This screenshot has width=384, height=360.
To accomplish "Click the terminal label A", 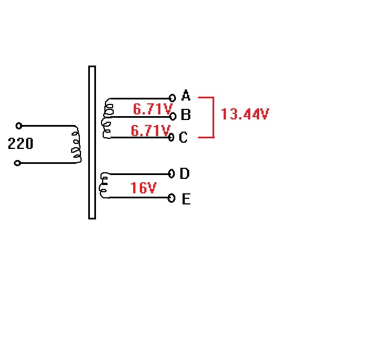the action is pyautogui.click(x=186, y=96).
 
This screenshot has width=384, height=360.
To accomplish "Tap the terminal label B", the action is pyautogui.click(x=186, y=115).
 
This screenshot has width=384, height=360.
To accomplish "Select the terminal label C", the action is pyautogui.click(x=184, y=137).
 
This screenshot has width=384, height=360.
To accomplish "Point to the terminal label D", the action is pyautogui.click(x=185, y=174).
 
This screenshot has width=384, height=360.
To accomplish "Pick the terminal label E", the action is pyautogui.click(x=186, y=199).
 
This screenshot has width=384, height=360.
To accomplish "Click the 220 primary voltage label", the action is pyautogui.click(x=21, y=144).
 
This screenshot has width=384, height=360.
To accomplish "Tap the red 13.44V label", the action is pyautogui.click(x=245, y=114).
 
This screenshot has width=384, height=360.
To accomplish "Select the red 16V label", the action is pyautogui.click(x=143, y=188).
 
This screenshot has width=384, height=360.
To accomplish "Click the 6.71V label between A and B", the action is pyautogui.click(x=153, y=109).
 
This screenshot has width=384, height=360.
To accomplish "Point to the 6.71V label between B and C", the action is pyautogui.click(x=150, y=131).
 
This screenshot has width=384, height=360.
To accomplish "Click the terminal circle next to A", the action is pyautogui.click(x=173, y=98).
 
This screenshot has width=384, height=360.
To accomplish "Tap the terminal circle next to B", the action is pyautogui.click(x=173, y=116).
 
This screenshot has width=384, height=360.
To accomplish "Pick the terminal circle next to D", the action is pyautogui.click(x=171, y=174).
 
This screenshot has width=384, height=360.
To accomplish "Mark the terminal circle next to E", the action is pyautogui.click(x=171, y=197).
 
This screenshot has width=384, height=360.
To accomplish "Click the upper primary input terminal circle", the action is pyautogui.click(x=19, y=126).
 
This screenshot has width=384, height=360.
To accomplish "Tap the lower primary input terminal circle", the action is pyautogui.click(x=18, y=163).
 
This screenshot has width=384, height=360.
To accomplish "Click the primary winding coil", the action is pyautogui.click(x=75, y=144).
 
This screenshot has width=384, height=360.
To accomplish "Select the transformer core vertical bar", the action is pyautogui.click(x=92, y=142).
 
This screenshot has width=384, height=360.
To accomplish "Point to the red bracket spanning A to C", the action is pyautogui.click(x=213, y=117).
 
